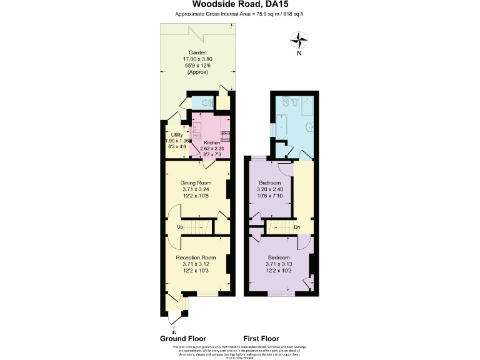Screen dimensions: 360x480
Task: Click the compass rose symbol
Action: tap(300, 41)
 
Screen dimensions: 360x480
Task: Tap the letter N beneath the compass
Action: tap(300, 54)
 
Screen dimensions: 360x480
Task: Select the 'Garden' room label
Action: tap(199, 52)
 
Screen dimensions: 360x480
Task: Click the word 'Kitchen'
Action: tap(212, 142)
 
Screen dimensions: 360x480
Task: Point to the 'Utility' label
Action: tap(176, 135)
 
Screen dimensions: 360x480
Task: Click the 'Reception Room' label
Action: tap(196, 257)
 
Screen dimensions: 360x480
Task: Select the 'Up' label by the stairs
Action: tap(179, 226)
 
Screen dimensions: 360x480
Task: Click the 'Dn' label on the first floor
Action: tap(296, 226)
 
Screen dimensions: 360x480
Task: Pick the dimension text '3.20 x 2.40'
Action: tap(270, 189)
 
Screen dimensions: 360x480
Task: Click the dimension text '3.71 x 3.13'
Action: tap(279, 264)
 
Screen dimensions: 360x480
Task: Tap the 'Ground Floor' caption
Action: tap(183, 338)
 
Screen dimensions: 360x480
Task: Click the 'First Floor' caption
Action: tap(262, 338)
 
